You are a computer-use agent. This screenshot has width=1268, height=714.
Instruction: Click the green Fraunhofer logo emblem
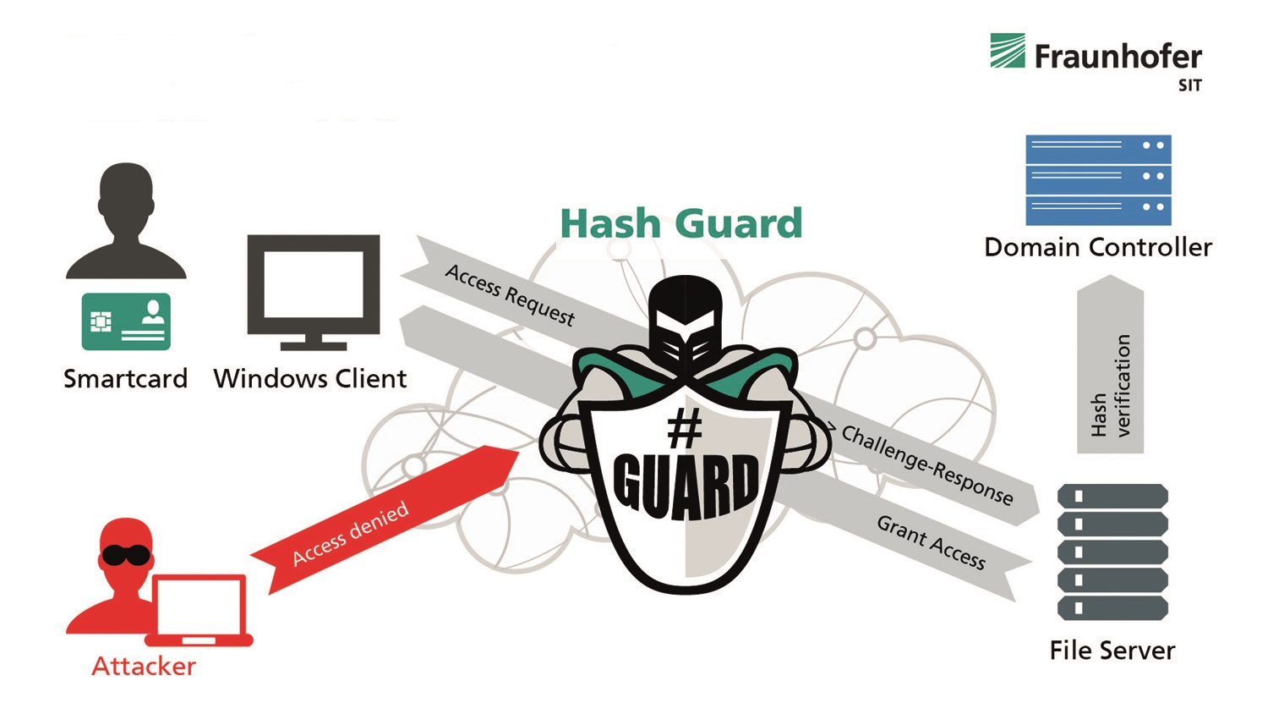tap(1007, 51)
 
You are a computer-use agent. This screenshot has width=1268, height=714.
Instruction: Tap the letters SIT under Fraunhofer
tap(1189, 85)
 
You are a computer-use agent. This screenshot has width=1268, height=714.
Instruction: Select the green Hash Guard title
tap(681, 222)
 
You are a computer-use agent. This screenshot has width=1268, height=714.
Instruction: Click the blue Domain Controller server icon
tap(1098, 180)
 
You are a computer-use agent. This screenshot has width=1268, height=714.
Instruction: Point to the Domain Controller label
tap(1098, 248)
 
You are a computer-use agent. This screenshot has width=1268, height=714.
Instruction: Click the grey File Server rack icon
tap(1112, 552)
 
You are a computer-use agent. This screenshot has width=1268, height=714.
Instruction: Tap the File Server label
tap(1112, 651)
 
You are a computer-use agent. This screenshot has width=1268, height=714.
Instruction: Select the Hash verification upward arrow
tap(1110, 364)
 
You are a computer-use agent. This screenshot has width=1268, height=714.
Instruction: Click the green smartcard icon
tap(126, 321)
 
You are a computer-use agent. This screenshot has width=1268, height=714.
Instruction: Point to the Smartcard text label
tap(125, 378)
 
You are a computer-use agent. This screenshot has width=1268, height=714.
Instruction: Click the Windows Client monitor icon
tap(313, 293)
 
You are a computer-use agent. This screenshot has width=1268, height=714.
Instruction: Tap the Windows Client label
tap(309, 378)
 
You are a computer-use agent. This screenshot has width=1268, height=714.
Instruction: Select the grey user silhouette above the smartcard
tap(126, 221)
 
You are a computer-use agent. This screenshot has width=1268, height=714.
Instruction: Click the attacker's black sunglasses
tap(125, 555)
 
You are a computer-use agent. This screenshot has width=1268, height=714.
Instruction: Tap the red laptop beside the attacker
tap(199, 610)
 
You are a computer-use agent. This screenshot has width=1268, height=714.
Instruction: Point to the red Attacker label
tap(143, 667)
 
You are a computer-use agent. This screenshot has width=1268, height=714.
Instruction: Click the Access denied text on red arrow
tap(351, 533)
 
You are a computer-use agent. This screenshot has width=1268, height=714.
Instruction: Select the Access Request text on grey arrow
tap(510, 295)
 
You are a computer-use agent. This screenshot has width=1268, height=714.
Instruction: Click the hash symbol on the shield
tap(684, 429)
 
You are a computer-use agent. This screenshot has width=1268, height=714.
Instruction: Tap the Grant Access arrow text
tap(932, 542)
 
